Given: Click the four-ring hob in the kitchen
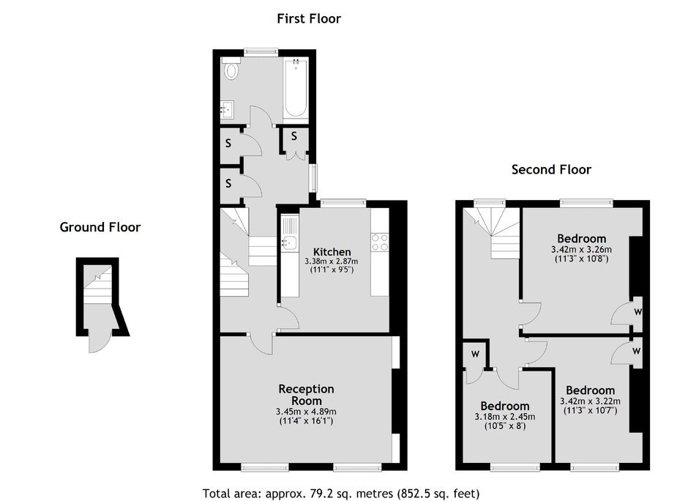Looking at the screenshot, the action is click(380, 242).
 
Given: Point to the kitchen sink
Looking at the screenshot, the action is click(288, 241).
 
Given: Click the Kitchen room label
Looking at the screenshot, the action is click(332, 251).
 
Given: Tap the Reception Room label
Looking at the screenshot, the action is click(306, 395).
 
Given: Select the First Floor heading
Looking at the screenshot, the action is click(309, 18).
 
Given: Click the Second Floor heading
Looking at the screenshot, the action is click(552, 169).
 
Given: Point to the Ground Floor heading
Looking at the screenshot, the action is click(100, 227).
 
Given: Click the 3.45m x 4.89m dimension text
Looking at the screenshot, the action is click(306, 412).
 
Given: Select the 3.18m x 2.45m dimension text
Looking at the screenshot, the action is click(505, 417).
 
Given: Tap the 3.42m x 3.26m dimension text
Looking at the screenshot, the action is click(581, 250).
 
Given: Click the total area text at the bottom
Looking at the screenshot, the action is click(341, 494).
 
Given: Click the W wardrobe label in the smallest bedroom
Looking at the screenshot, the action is click(475, 354).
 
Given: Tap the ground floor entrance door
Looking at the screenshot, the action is click(97, 341).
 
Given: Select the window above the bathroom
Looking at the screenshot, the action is click(261, 52).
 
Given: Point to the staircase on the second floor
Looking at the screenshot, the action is click(495, 233).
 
